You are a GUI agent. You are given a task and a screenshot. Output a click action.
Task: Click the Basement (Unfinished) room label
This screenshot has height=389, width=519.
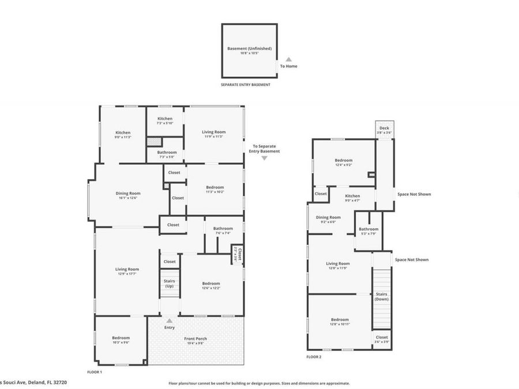[x=249, y=49]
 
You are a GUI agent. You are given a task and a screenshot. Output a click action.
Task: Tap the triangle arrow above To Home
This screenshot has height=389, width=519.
[x=288, y=59]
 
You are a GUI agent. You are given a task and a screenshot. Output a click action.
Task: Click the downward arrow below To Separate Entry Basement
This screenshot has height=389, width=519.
[x=264, y=158]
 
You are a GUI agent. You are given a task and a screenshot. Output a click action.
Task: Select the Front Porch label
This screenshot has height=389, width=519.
[x=195, y=338]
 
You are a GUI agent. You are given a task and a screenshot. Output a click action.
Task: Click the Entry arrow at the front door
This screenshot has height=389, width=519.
[x=169, y=320]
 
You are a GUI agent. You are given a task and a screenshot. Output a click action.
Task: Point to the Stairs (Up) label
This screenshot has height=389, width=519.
[x=169, y=283]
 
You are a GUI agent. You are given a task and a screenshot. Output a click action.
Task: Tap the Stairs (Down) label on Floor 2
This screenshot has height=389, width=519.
[x=382, y=296]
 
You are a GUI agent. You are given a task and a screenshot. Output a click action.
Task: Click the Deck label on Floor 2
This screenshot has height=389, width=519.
[x=384, y=128]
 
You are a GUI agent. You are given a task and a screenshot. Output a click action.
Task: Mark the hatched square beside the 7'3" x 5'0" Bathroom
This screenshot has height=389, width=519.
[x=153, y=141]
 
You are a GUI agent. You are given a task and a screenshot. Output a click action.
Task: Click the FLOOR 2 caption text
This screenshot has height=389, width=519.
[x=314, y=357]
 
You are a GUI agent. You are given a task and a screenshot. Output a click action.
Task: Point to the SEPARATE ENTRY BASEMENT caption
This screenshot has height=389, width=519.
[x=245, y=85]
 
